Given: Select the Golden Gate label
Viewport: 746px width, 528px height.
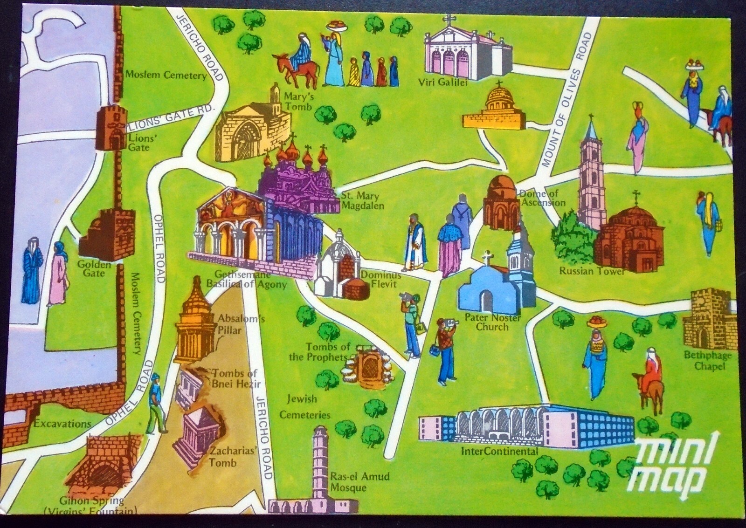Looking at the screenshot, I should coord(97,268).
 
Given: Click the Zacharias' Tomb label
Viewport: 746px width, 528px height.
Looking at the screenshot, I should coord(227,457).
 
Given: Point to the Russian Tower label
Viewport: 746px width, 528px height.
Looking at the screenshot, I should coord(591,270).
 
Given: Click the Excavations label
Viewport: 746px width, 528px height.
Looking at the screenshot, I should coord(62,424).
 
